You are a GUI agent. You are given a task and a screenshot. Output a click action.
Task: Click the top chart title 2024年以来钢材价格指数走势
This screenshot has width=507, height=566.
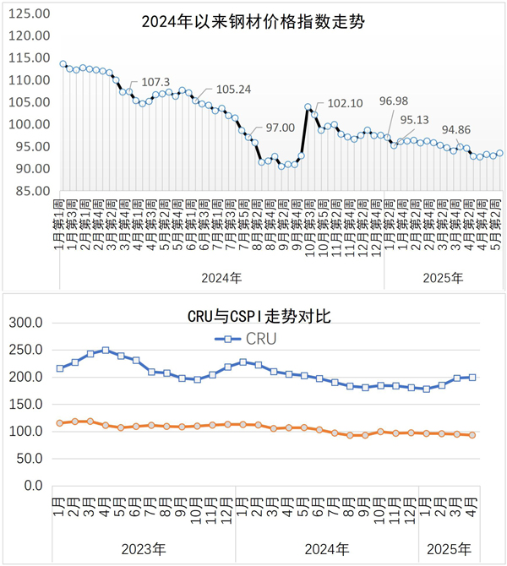253,23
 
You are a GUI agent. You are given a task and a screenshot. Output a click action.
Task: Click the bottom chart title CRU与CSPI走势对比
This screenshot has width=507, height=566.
259,317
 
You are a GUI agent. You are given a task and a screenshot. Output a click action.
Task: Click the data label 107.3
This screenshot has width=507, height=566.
155,82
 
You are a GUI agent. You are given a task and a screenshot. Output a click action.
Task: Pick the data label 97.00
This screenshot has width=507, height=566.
281,128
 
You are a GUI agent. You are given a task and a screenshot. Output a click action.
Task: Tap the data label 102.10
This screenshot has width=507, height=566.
344,103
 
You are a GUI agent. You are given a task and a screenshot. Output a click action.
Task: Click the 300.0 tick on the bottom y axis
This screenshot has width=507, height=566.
26,322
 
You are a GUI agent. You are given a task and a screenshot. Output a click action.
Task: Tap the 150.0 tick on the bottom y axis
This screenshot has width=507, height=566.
26,404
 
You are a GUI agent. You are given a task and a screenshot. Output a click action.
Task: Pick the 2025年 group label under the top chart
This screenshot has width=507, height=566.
443,253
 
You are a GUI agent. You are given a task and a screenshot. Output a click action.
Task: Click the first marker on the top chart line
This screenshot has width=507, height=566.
63,64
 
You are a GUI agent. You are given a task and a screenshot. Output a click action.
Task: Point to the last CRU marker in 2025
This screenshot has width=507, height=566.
472,378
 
